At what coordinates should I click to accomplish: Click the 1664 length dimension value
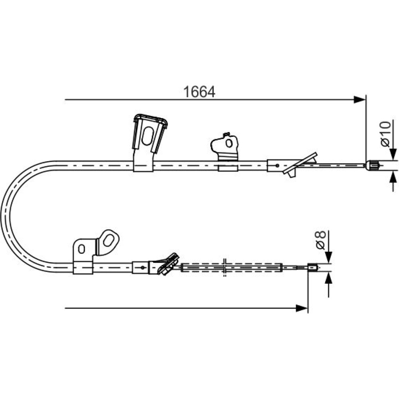pyautogui.click(x=199, y=92)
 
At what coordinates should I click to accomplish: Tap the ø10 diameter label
pyautogui.click(x=385, y=134)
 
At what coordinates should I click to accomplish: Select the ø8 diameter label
pyautogui.click(x=320, y=240)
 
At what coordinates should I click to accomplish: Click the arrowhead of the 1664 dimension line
pyautogui.click(x=359, y=100)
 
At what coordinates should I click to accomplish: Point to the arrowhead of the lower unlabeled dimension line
pyautogui.click(x=302, y=308)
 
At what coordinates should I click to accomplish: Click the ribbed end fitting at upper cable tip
pyautogui.click(x=373, y=166)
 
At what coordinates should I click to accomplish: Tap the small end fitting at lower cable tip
pyautogui.click(x=313, y=267)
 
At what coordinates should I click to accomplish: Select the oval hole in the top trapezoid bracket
pyautogui.click(x=147, y=136)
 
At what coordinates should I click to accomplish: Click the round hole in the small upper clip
pyautogui.click(x=229, y=143)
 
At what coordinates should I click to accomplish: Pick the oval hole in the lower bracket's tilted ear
pyautogui.click(x=109, y=240)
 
